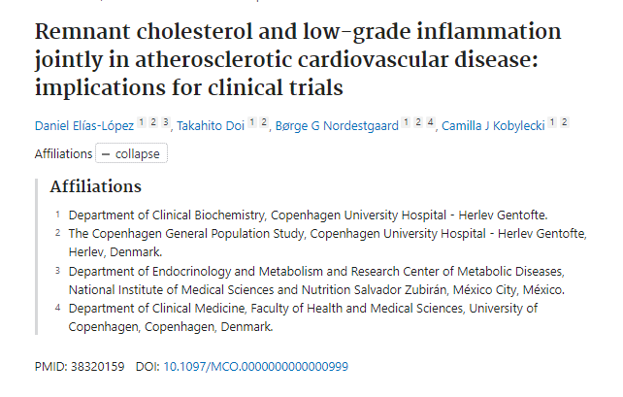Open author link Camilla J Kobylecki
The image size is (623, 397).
494,125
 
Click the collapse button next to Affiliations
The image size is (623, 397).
131,153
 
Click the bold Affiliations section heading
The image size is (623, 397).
95,186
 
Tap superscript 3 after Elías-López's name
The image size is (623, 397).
166,123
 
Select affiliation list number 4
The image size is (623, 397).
57,308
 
